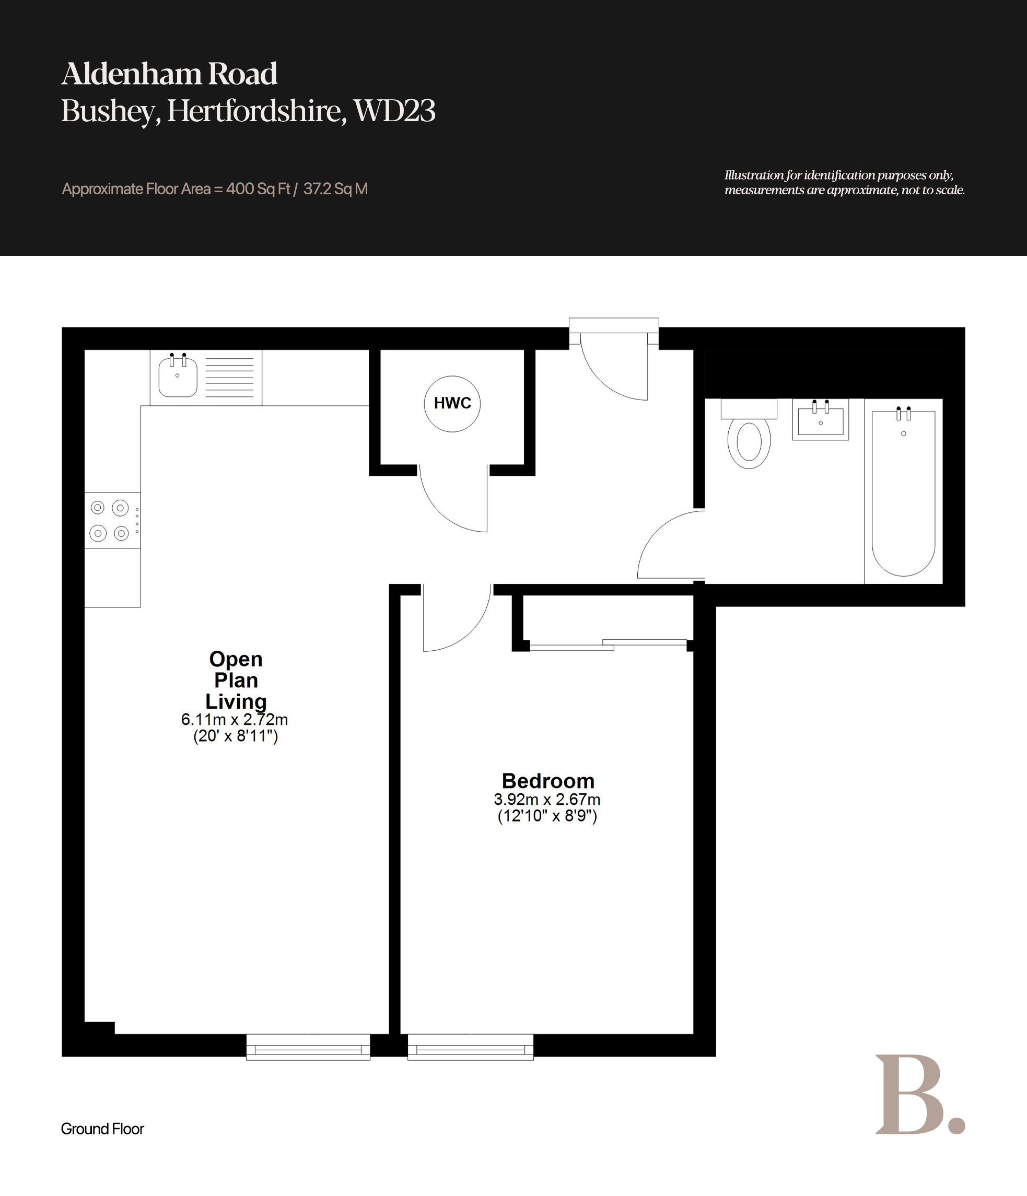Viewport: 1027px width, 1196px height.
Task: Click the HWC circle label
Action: coord(452,404)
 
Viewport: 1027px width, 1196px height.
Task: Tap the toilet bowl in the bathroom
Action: coord(749,441)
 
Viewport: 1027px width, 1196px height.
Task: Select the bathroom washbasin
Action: coord(820,419)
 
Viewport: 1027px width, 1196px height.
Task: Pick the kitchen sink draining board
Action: coord(229,377)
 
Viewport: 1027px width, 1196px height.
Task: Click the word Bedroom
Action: coord(548,781)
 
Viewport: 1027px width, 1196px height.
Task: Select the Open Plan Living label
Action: coord(236,680)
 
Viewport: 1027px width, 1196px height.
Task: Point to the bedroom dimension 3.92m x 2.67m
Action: coord(547,800)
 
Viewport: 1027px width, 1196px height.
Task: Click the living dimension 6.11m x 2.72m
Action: coord(235,720)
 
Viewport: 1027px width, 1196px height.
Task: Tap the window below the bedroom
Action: coord(471,1047)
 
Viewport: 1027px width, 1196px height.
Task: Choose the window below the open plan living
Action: coord(308,1047)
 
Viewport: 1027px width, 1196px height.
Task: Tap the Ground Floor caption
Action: coord(102,1129)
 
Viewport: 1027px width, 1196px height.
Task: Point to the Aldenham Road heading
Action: coord(169,74)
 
